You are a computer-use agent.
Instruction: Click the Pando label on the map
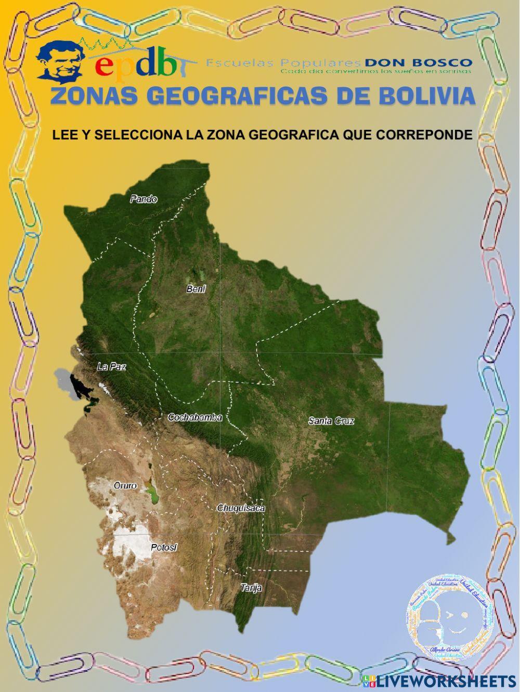coord(144,199)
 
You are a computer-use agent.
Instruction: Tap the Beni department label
coord(196,289)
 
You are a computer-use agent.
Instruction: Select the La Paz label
coord(111,367)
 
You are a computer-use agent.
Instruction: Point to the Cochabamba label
coord(195,417)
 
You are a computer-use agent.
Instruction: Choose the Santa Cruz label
coord(331,421)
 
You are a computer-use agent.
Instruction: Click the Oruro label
coord(125,486)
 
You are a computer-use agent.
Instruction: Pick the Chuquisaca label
coord(241,508)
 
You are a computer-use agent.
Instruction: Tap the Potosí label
coord(164,548)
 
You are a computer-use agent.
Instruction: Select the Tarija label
coord(251,588)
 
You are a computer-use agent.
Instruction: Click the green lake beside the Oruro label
coord(153,491)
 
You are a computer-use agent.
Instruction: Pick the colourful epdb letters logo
coord(136,64)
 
